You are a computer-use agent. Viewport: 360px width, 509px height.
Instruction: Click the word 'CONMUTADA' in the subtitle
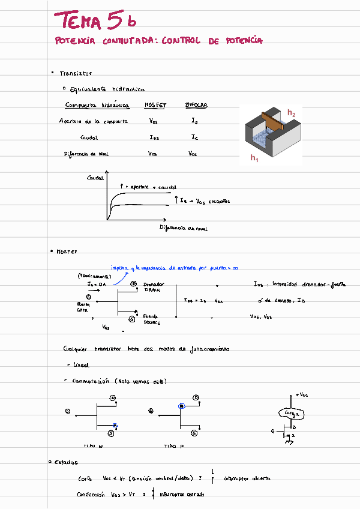(x=128, y=41)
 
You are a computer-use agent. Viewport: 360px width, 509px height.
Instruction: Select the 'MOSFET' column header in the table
(x=155, y=105)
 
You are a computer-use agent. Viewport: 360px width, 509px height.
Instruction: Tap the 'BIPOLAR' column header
(x=196, y=105)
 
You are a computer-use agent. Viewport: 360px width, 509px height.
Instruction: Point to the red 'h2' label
(x=291, y=112)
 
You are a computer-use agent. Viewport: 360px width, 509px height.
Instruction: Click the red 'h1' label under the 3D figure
(x=254, y=158)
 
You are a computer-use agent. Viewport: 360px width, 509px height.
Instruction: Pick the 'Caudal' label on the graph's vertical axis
(x=95, y=178)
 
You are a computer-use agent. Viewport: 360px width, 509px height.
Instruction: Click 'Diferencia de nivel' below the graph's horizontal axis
(x=184, y=228)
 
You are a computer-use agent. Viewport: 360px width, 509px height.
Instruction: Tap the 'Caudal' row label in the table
(x=89, y=137)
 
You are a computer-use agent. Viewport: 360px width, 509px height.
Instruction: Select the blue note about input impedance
(x=174, y=268)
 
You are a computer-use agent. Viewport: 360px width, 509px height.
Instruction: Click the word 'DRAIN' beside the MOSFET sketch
(x=152, y=290)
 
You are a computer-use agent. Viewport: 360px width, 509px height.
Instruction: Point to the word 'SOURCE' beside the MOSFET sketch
(x=152, y=322)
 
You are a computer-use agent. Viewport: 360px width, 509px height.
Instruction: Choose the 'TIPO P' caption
(x=173, y=447)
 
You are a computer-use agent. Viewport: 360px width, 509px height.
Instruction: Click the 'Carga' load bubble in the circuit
(x=292, y=414)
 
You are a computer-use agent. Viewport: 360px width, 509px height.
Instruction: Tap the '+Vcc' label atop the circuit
(x=302, y=396)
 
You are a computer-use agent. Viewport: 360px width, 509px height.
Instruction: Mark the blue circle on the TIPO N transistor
(x=115, y=426)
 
